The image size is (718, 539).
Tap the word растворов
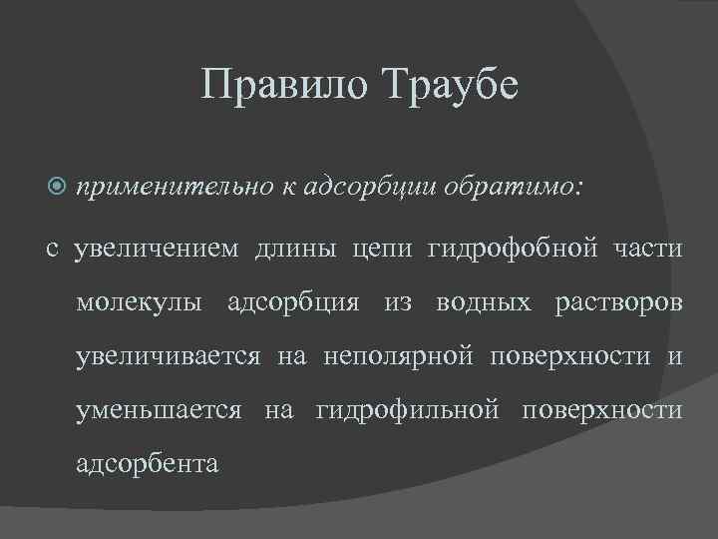[x=618, y=302]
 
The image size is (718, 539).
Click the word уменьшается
[x=159, y=410]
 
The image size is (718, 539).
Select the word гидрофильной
[x=406, y=410]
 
